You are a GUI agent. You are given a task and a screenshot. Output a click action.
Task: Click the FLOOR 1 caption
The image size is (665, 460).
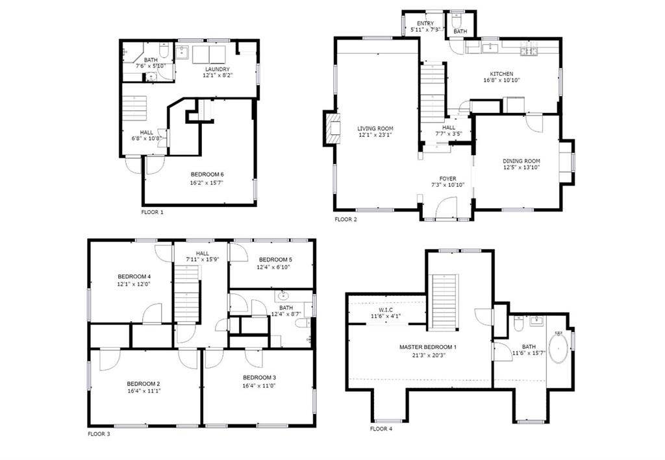click(x=153, y=212)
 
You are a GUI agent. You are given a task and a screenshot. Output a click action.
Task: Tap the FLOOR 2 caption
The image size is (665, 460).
click(x=345, y=219)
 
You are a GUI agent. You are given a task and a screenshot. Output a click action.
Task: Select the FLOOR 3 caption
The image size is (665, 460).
click(x=99, y=433)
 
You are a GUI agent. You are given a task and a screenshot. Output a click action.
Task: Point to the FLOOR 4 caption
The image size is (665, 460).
click(x=381, y=428)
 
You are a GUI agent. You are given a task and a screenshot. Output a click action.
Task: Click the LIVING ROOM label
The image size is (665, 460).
click(x=375, y=128)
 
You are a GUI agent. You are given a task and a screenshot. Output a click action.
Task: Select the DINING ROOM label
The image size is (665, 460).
click(x=521, y=161)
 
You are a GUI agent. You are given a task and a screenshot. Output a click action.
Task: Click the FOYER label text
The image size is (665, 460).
click(x=447, y=178)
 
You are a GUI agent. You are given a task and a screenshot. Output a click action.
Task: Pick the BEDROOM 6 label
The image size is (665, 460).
click(x=207, y=175)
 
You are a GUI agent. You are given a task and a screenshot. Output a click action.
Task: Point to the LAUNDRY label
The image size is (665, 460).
click(x=218, y=69)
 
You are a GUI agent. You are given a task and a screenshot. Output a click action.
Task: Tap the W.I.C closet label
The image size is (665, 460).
click(x=377, y=309)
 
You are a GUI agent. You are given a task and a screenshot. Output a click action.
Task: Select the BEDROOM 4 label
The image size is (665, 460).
click(x=134, y=276)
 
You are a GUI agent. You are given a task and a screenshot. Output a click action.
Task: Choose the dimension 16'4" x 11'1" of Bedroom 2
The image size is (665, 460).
click(x=144, y=391)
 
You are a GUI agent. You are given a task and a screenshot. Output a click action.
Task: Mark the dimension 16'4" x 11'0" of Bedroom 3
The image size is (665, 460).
click(x=260, y=385)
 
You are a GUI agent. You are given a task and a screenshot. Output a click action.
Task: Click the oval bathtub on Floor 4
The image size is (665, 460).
click(x=558, y=348)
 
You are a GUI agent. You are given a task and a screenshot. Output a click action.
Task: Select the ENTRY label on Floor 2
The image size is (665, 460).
click(x=425, y=24)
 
